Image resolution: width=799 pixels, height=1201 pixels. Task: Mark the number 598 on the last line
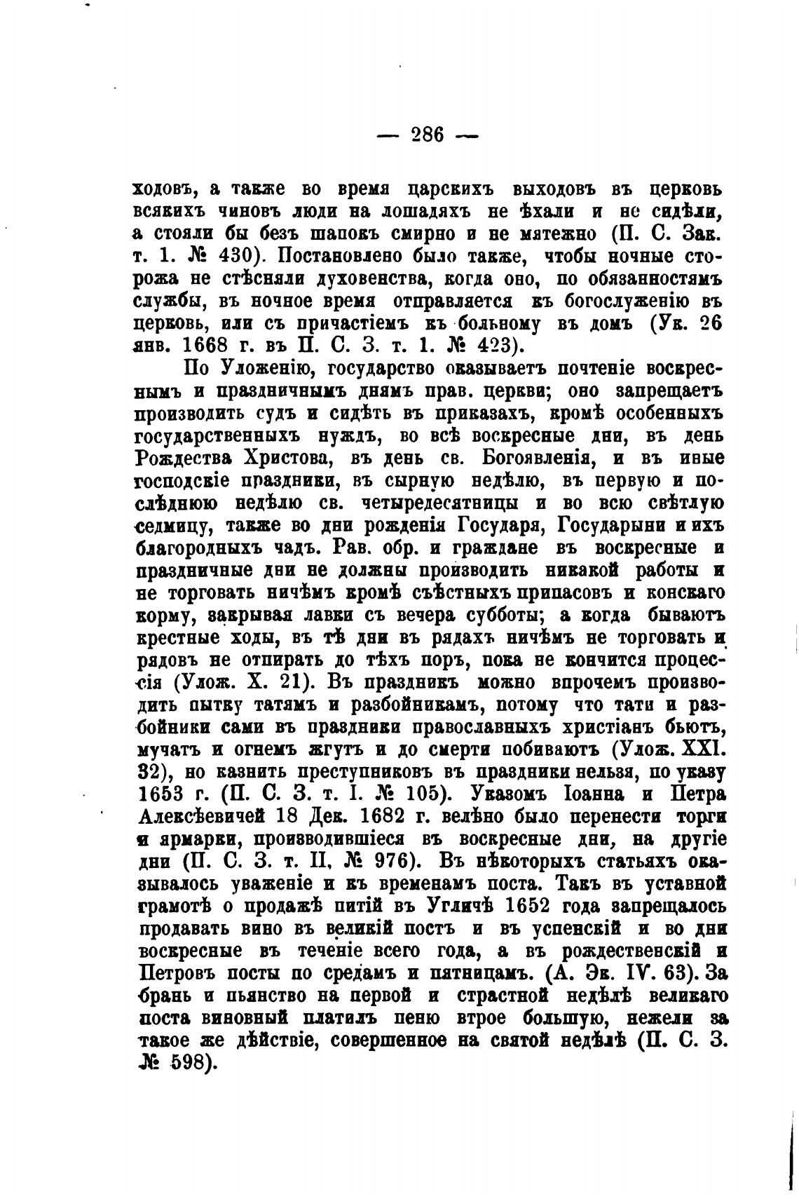click(x=188, y=1064)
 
